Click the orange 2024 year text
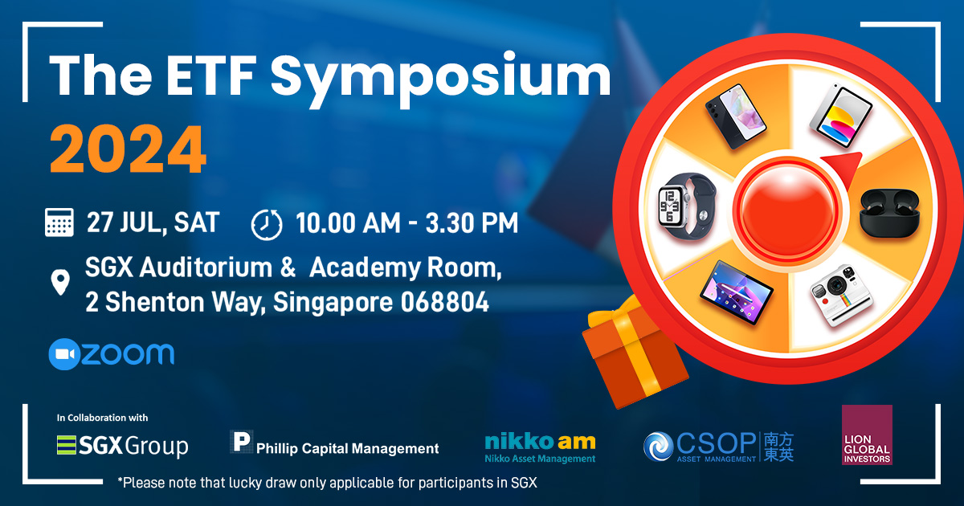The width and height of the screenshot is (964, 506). tap(128, 149)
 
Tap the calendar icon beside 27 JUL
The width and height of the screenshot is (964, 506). tap(59, 222)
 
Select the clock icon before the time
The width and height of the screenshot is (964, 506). tap(267, 224)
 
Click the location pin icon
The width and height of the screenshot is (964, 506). tap(60, 282)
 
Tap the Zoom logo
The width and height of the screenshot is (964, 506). tap(112, 354)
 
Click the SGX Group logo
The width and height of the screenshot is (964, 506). tap(123, 446)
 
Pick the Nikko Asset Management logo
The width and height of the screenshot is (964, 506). tap(540, 448)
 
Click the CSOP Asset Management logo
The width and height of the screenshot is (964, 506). tap(718, 447)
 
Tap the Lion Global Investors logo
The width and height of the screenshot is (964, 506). tap(867, 435)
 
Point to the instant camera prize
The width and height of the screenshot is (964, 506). tap(841, 296)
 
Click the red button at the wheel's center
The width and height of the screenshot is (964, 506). tap(788, 210)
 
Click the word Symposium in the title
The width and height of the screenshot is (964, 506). tap(440, 79)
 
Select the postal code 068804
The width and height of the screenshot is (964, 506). tap(445, 302)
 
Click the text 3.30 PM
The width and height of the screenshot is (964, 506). tap(472, 223)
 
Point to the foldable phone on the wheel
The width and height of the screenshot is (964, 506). tap(736, 116)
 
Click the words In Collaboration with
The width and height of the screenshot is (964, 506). tap(103, 418)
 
